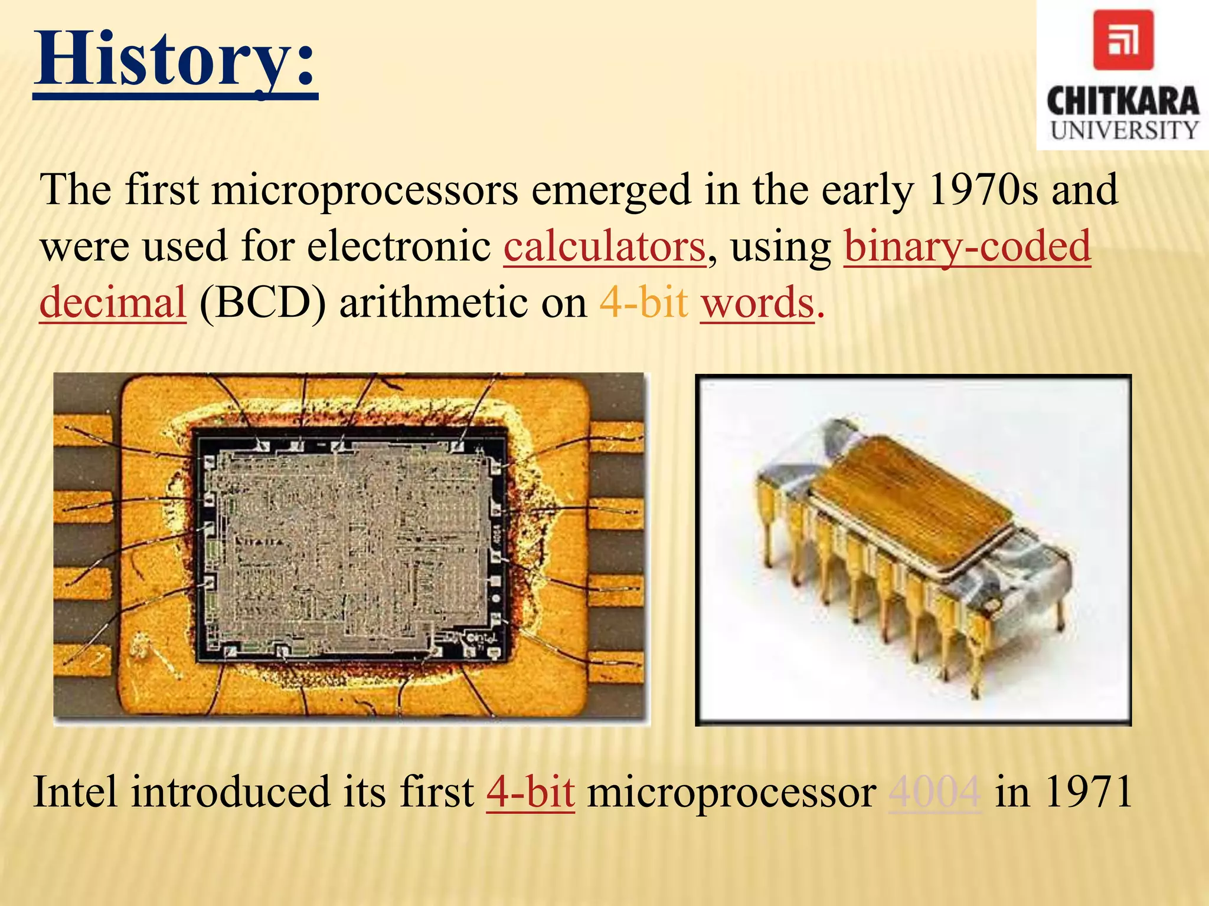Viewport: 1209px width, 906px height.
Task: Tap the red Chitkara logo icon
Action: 1123,40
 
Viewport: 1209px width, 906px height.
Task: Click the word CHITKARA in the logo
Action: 1123,101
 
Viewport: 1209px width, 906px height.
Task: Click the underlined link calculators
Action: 604,247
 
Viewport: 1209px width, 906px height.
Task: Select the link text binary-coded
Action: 967,247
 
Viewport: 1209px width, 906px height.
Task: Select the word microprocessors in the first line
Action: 365,190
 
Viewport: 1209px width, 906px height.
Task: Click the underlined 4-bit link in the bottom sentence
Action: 530,792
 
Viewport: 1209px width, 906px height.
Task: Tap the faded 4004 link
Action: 935,792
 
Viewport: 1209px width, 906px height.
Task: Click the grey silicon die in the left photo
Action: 348,546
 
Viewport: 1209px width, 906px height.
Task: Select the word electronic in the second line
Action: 399,247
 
